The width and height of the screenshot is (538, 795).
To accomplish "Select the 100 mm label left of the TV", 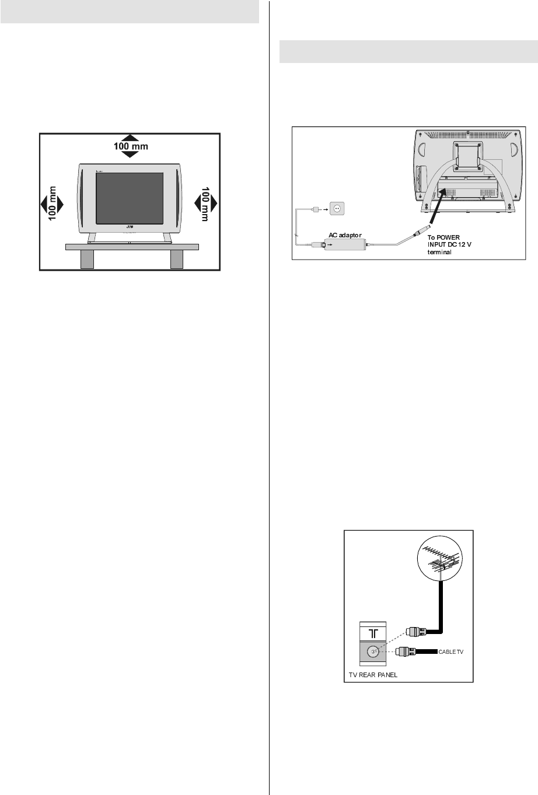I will coord(53,204).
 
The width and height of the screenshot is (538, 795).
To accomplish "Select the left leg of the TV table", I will coord(87,260).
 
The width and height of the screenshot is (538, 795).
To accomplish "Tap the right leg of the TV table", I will coord(176,260).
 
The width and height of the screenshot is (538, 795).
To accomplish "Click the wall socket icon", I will coord(337,207).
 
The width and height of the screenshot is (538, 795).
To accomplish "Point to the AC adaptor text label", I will coord(345,235).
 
